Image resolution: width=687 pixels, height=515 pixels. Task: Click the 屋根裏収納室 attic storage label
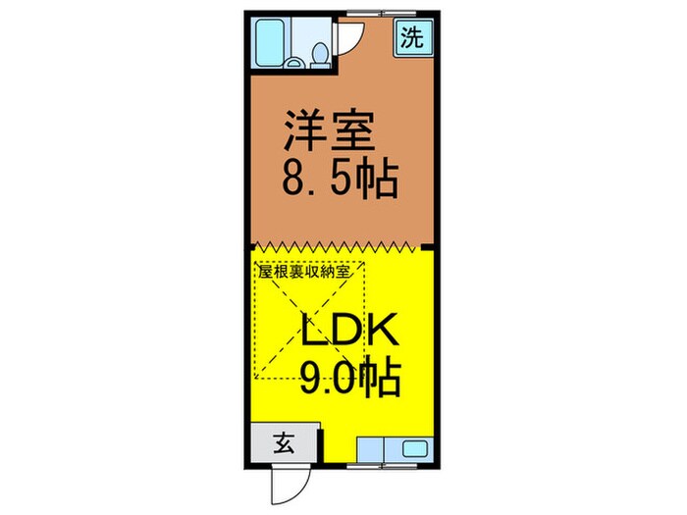(x=309, y=270)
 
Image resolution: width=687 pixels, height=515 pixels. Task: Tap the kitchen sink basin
(x=413, y=450)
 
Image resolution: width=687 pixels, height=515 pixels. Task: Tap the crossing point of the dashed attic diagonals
(x=310, y=320)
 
